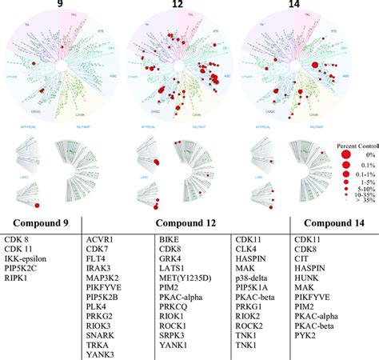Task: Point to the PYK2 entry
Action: (x=306, y=342)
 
